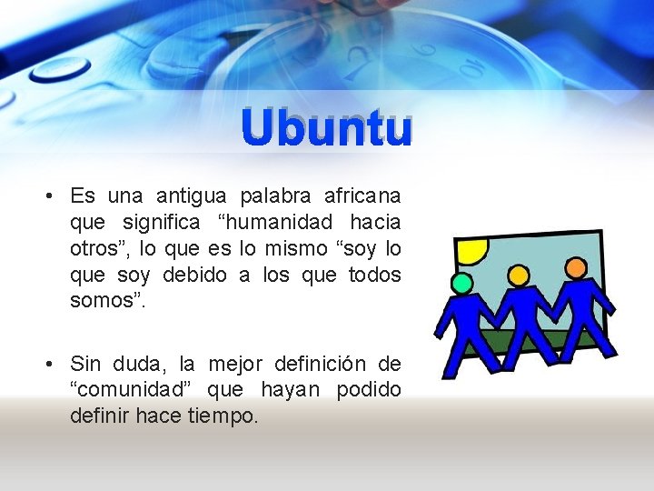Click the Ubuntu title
(x=327, y=129)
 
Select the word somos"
(x=106, y=301)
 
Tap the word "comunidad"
(x=134, y=391)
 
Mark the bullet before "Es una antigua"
(x=50, y=196)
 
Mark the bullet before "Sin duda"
(x=50, y=366)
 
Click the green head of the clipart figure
(x=462, y=284)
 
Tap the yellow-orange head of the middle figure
(x=518, y=275)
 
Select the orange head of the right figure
(x=575, y=267)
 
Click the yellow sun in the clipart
(x=471, y=249)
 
